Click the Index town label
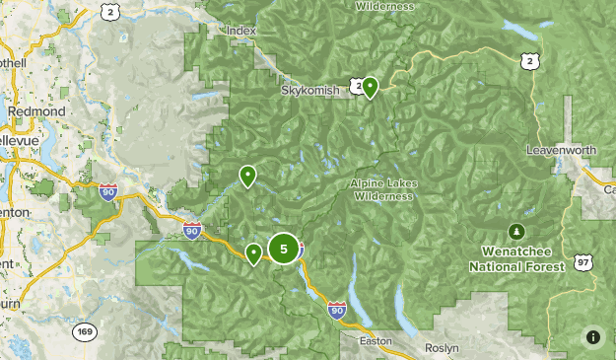coord(240,31)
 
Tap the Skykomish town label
coord(308,90)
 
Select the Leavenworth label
coord(562,150)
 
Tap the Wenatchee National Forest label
coord(516,259)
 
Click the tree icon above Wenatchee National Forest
coord(515,231)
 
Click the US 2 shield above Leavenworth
coord(531,61)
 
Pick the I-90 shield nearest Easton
coord(337,310)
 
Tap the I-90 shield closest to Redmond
coord(107,191)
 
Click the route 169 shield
coord(85,331)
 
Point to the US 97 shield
coord(583,261)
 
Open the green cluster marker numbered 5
coord(284,249)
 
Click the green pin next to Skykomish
coord(371,87)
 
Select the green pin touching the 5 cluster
coord(254,253)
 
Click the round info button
coord(593,337)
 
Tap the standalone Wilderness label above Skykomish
coord(386,4)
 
